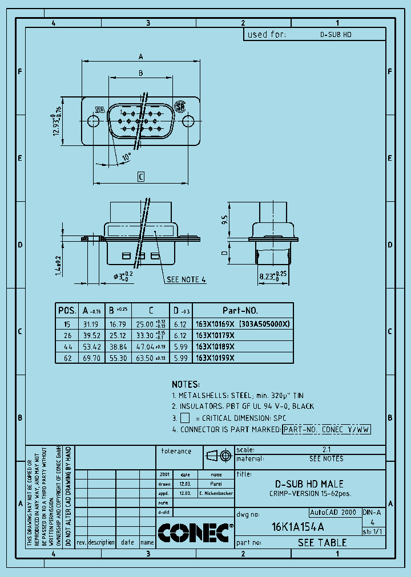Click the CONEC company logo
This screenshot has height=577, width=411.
pos(195,533)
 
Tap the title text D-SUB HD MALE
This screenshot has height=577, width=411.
pos(310,483)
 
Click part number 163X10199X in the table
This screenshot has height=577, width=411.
pos(215,358)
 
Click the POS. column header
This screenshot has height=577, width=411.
pos(67,311)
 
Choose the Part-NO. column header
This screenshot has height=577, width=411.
pos(240,311)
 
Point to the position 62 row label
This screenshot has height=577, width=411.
pos(67,358)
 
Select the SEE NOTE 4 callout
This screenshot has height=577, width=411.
pos(186,279)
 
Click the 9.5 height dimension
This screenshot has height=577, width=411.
pos(225,220)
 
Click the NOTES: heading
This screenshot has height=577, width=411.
pos(186,384)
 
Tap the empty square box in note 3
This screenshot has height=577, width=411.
pos(184,418)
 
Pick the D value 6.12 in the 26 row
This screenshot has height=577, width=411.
pos(180,335)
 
